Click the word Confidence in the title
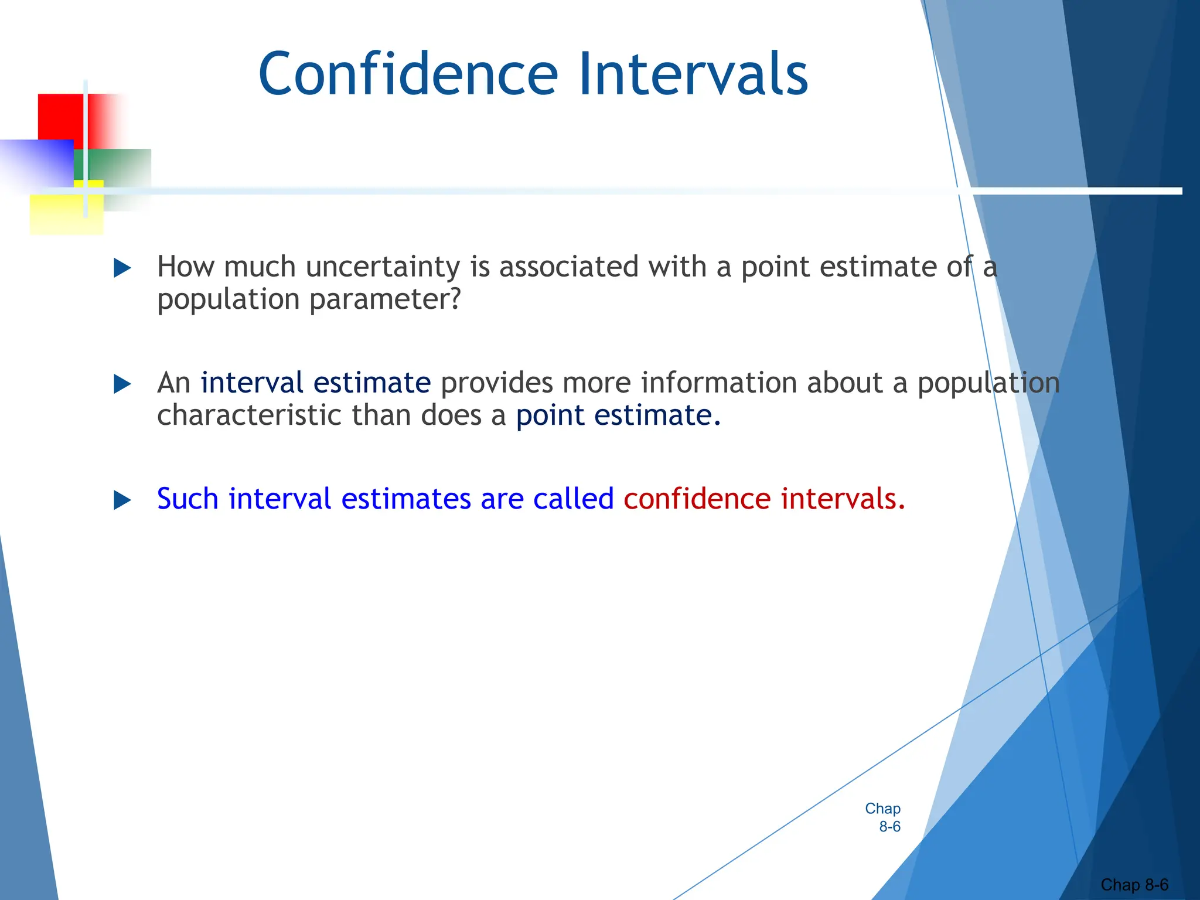coord(408,74)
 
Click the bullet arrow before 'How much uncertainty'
coord(122,268)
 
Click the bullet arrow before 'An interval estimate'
coord(122,384)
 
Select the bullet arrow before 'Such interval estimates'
coord(122,500)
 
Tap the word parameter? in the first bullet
coord(385,300)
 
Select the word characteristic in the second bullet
coord(249,415)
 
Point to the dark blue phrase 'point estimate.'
coord(618,415)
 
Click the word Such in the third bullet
coord(187,499)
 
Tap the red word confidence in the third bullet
coord(697,499)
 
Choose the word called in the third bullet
coord(573,499)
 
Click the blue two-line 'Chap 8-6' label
coord(883,817)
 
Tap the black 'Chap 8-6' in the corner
coord(1134,885)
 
